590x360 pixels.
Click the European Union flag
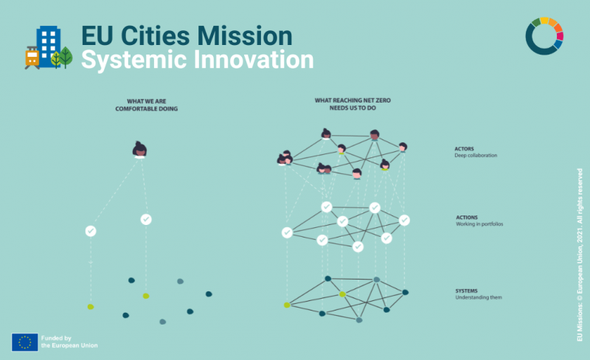[x=24, y=342]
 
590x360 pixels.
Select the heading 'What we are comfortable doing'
[x=146, y=105]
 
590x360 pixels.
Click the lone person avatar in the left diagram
[x=139, y=150]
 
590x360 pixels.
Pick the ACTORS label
[x=465, y=149]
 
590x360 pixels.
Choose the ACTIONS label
[x=466, y=218]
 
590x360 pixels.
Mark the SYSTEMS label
[x=467, y=291]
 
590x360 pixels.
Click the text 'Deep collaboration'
[x=476, y=156]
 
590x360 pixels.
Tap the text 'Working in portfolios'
[x=479, y=224]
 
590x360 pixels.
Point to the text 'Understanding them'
[x=479, y=297]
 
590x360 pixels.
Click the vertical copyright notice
[x=579, y=255]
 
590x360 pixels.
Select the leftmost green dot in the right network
[x=287, y=305]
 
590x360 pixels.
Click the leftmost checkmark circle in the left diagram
[x=91, y=231]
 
